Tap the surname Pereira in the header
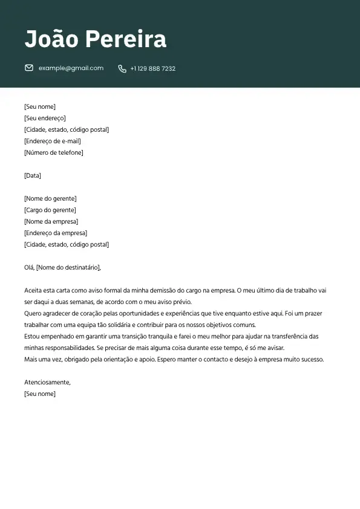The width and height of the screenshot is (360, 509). pyautogui.click(x=126, y=39)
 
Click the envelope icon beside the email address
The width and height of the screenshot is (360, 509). pyautogui.click(x=29, y=68)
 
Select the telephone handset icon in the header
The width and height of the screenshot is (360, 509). pyautogui.click(x=122, y=69)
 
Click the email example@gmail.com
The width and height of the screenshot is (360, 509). pyautogui.click(x=71, y=68)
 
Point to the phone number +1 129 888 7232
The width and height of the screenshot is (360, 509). pyautogui.click(x=152, y=69)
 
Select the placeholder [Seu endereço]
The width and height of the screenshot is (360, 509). pyautogui.click(x=45, y=118)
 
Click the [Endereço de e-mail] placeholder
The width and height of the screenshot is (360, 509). pyautogui.click(x=52, y=141)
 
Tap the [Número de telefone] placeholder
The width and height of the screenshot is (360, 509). pyautogui.click(x=53, y=152)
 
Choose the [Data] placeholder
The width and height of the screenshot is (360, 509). pyautogui.click(x=33, y=175)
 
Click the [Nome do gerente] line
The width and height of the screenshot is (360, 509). pyautogui.click(x=50, y=198)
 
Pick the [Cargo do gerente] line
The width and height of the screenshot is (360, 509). pyautogui.click(x=50, y=210)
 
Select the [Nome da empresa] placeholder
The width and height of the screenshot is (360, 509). pyautogui.click(x=51, y=221)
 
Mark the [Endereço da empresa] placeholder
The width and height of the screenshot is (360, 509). pyautogui.click(x=56, y=233)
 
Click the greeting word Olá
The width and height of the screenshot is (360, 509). pyautogui.click(x=29, y=267)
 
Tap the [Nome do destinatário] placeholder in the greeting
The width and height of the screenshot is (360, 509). pyautogui.click(x=68, y=267)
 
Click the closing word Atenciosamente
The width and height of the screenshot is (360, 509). pyautogui.click(x=47, y=382)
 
